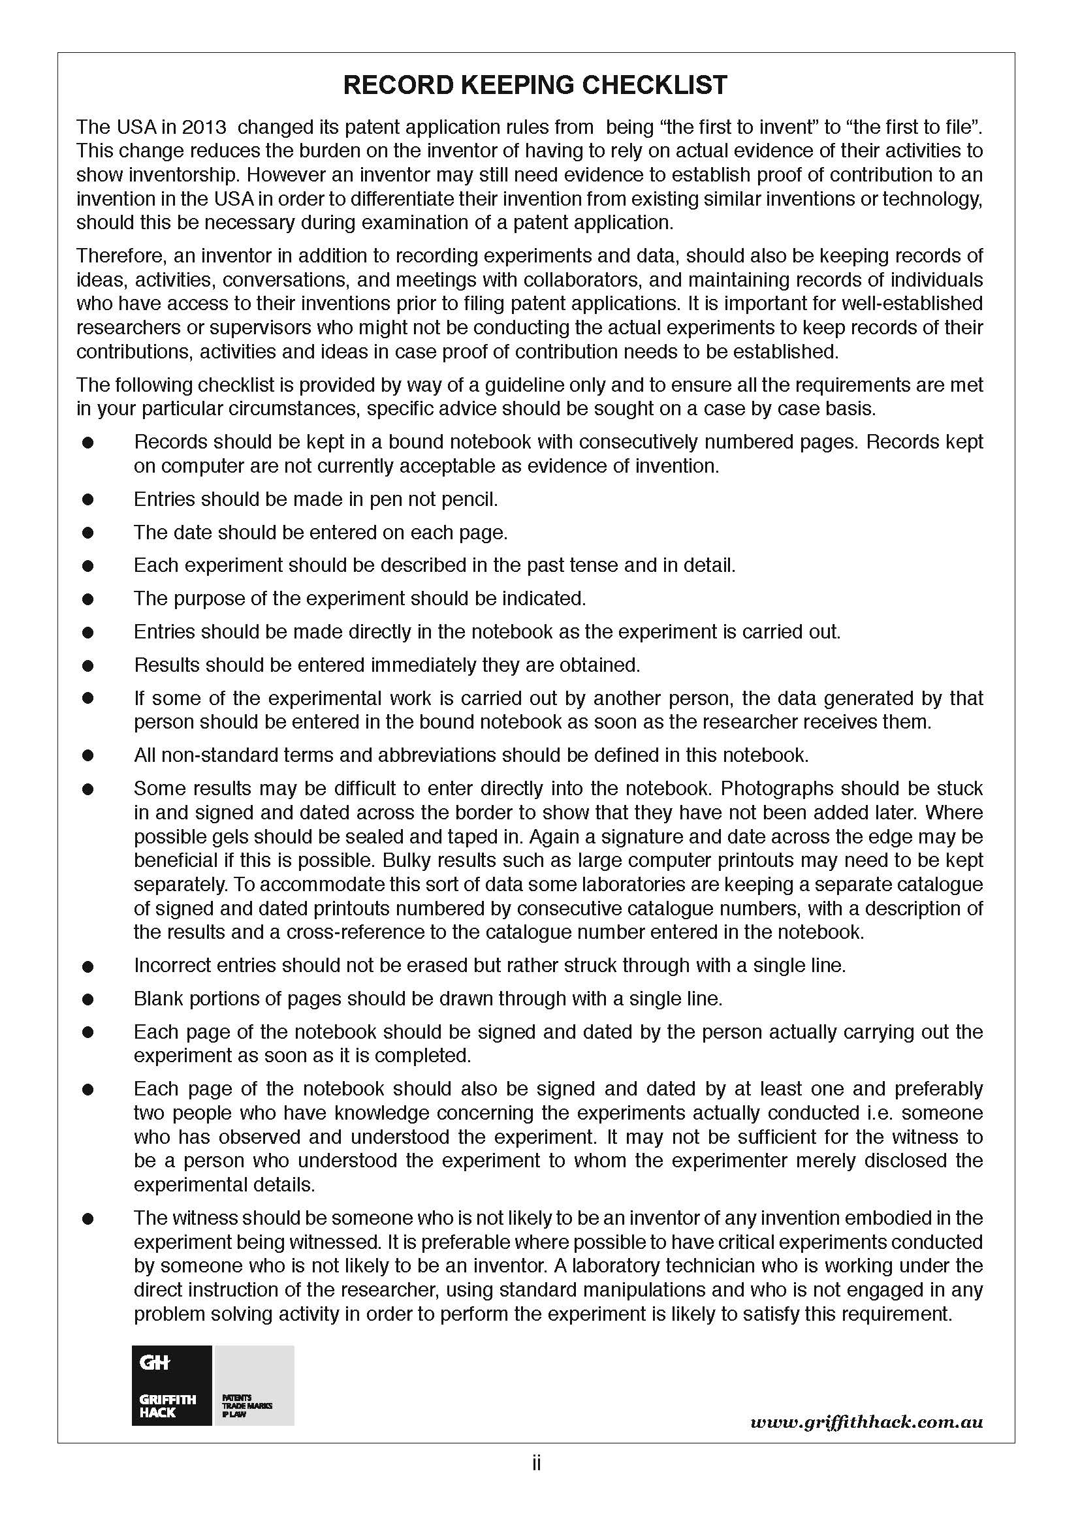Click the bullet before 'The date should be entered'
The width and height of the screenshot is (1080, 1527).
(x=87, y=533)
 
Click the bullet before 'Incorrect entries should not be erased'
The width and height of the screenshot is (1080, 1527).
(x=87, y=966)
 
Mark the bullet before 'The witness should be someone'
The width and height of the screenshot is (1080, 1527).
(x=87, y=1219)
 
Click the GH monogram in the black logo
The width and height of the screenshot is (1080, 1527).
(x=155, y=1362)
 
